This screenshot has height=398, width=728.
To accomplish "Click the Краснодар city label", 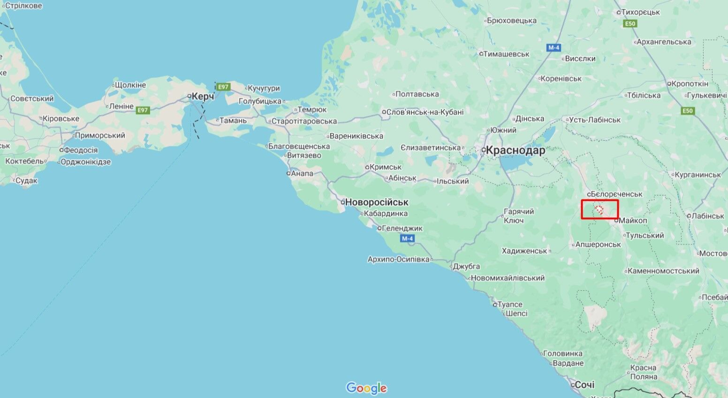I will pyautogui.click(x=515, y=150).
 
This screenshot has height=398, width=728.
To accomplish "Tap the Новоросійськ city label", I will pyautogui.click(x=376, y=202).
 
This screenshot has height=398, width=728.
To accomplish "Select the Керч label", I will pyautogui.click(x=202, y=96).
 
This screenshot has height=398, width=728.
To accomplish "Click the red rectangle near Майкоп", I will pyautogui.click(x=600, y=209).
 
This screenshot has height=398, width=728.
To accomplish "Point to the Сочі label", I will pyautogui.click(x=584, y=385).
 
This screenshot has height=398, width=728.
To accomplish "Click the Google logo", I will pyautogui.click(x=366, y=388).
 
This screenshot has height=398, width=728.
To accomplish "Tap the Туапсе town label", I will pyautogui.click(x=509, y=304).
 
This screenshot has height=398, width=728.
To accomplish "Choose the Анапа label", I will pyautogui.click(x=302, y=173).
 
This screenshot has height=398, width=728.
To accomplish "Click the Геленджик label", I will pyautogui.click(x=402, y=228).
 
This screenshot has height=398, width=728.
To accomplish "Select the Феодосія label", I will pyautogui.click(x=80, y=150).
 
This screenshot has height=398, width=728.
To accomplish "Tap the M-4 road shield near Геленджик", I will pyautogui.click(x=407, y=238).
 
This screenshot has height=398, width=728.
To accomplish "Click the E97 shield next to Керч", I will pyautogui.click(x=223, y=87).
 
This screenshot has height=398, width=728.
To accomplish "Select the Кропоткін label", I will pyautogui.click(x=690, y=84).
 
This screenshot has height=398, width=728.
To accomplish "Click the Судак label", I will pyautogui.click(x=26, y=180).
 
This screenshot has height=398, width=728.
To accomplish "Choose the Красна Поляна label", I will pyautogui.click(x=644, y=372).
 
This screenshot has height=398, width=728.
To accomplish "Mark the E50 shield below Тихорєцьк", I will pyautogui.click(x=630, y=23).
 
